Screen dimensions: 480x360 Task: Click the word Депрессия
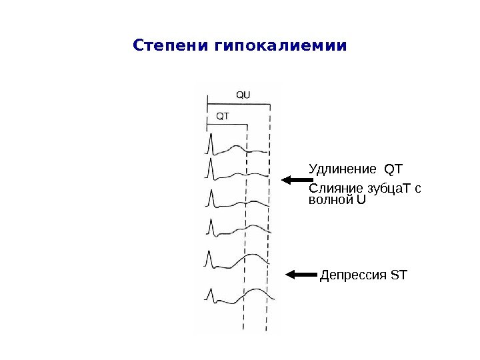(353, 275)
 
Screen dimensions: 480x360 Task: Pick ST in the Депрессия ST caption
(398, 275)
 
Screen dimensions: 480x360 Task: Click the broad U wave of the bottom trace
(257, 291)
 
